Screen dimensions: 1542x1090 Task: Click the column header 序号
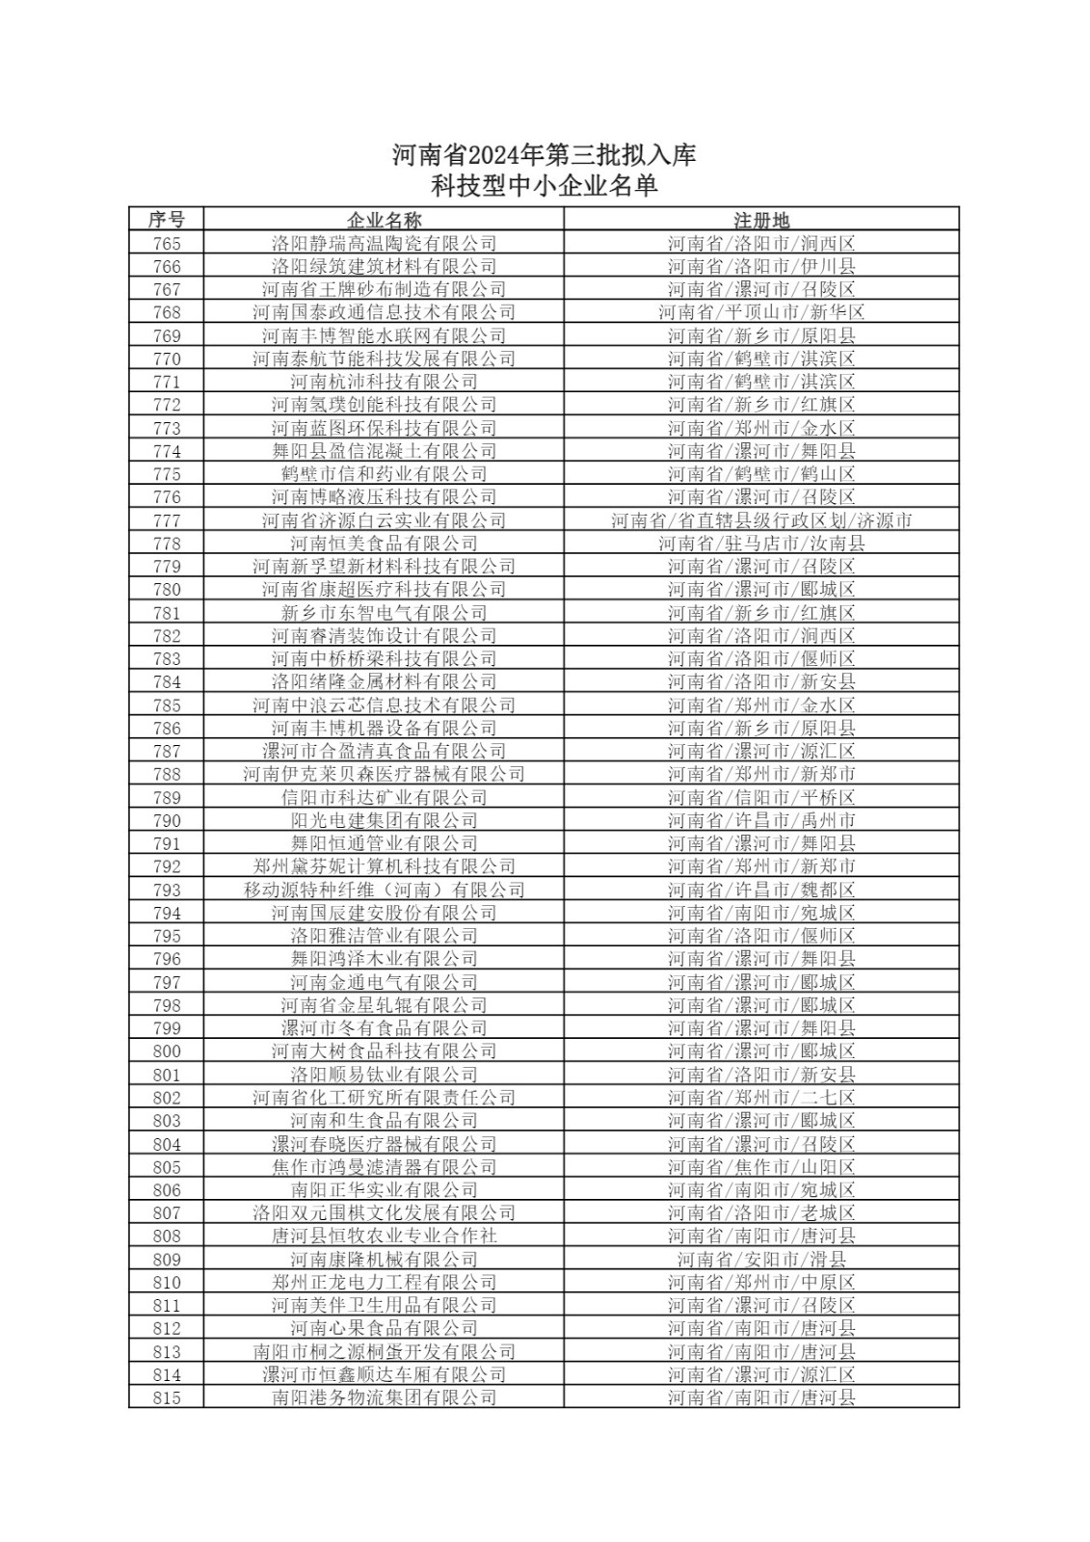pos(166,220)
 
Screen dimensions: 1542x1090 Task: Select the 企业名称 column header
pos(384,220)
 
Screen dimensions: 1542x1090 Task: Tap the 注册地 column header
pos(761,220)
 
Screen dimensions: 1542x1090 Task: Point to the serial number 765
pos(166,244)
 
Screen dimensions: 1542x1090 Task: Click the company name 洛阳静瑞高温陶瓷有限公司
pos(384,244)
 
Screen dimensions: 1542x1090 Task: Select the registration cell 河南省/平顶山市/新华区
pos(761,312)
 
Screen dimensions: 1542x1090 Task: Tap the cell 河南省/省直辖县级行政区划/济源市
pos(761,520)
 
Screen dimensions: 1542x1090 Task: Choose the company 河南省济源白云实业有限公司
pos(384,520)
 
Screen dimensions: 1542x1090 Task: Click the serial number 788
pos(166,774)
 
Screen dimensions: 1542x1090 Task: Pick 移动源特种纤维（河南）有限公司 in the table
pos(384,890)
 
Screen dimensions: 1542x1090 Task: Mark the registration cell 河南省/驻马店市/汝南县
pos(761,544)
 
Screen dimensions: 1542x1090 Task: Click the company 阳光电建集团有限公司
pos(384,820)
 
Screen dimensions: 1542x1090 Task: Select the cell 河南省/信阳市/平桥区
pos(761,797)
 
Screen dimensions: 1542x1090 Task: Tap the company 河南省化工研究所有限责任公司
pos(384,1098)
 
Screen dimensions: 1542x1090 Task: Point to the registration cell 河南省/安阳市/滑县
pos(761,1260)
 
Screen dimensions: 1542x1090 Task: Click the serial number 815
pos(166,1397)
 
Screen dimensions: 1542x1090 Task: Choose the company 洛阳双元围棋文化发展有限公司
pos(384,1213)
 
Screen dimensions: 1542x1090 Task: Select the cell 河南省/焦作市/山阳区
pos(761,1167)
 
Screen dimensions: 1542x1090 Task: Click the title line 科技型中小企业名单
pos(544,186)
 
